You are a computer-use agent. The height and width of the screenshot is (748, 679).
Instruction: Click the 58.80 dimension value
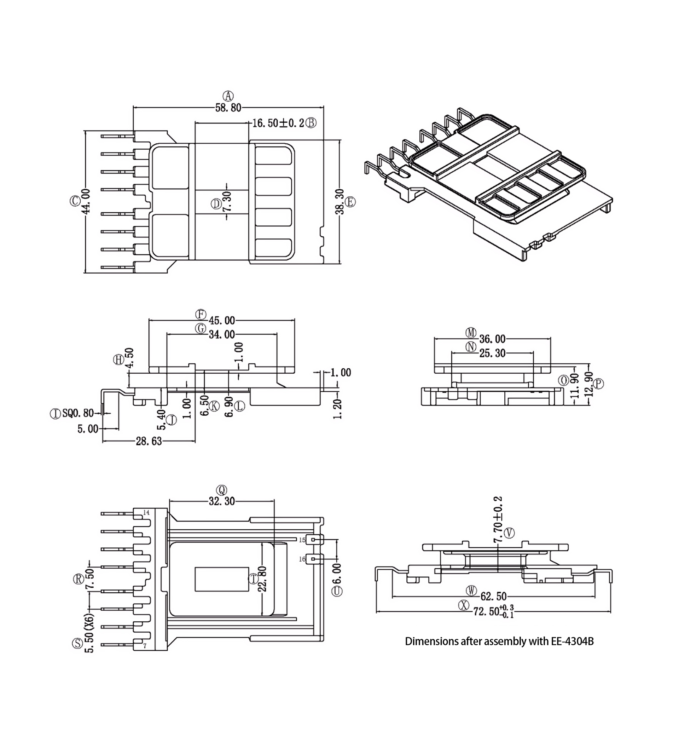pos(228,108)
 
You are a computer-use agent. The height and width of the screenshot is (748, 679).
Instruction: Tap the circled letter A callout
pos(228,96)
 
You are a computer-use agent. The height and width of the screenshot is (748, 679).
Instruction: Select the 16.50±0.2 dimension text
pos(278,123)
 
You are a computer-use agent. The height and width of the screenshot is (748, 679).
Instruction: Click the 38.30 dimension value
pos(339,202)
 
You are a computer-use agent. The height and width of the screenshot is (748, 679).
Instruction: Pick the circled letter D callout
pos(216,204)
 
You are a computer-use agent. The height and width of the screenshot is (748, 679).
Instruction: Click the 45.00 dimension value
pos(222,320)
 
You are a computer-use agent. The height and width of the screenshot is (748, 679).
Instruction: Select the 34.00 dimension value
pos(222,335)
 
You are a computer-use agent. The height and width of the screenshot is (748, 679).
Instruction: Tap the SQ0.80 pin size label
pos(78,413)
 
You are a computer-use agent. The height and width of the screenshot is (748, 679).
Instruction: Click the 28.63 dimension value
pos(149,441)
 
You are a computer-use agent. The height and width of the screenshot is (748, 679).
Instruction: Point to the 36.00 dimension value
pos(492,339)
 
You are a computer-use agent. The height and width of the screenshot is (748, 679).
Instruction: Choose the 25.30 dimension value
pos(492,353)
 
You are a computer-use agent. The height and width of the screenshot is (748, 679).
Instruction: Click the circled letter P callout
pos(598,384)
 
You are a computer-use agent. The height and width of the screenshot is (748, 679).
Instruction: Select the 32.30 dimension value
pos(222,501)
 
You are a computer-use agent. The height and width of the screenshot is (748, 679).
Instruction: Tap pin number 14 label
pos(146,512)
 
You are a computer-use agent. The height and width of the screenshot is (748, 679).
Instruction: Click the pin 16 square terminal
pos(313,559)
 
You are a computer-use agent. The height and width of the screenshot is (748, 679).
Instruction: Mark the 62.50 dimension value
pos(493,596)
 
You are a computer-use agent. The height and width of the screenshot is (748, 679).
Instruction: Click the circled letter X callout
pos(464,605)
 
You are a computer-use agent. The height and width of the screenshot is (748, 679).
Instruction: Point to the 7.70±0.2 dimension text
pos(498,519)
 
